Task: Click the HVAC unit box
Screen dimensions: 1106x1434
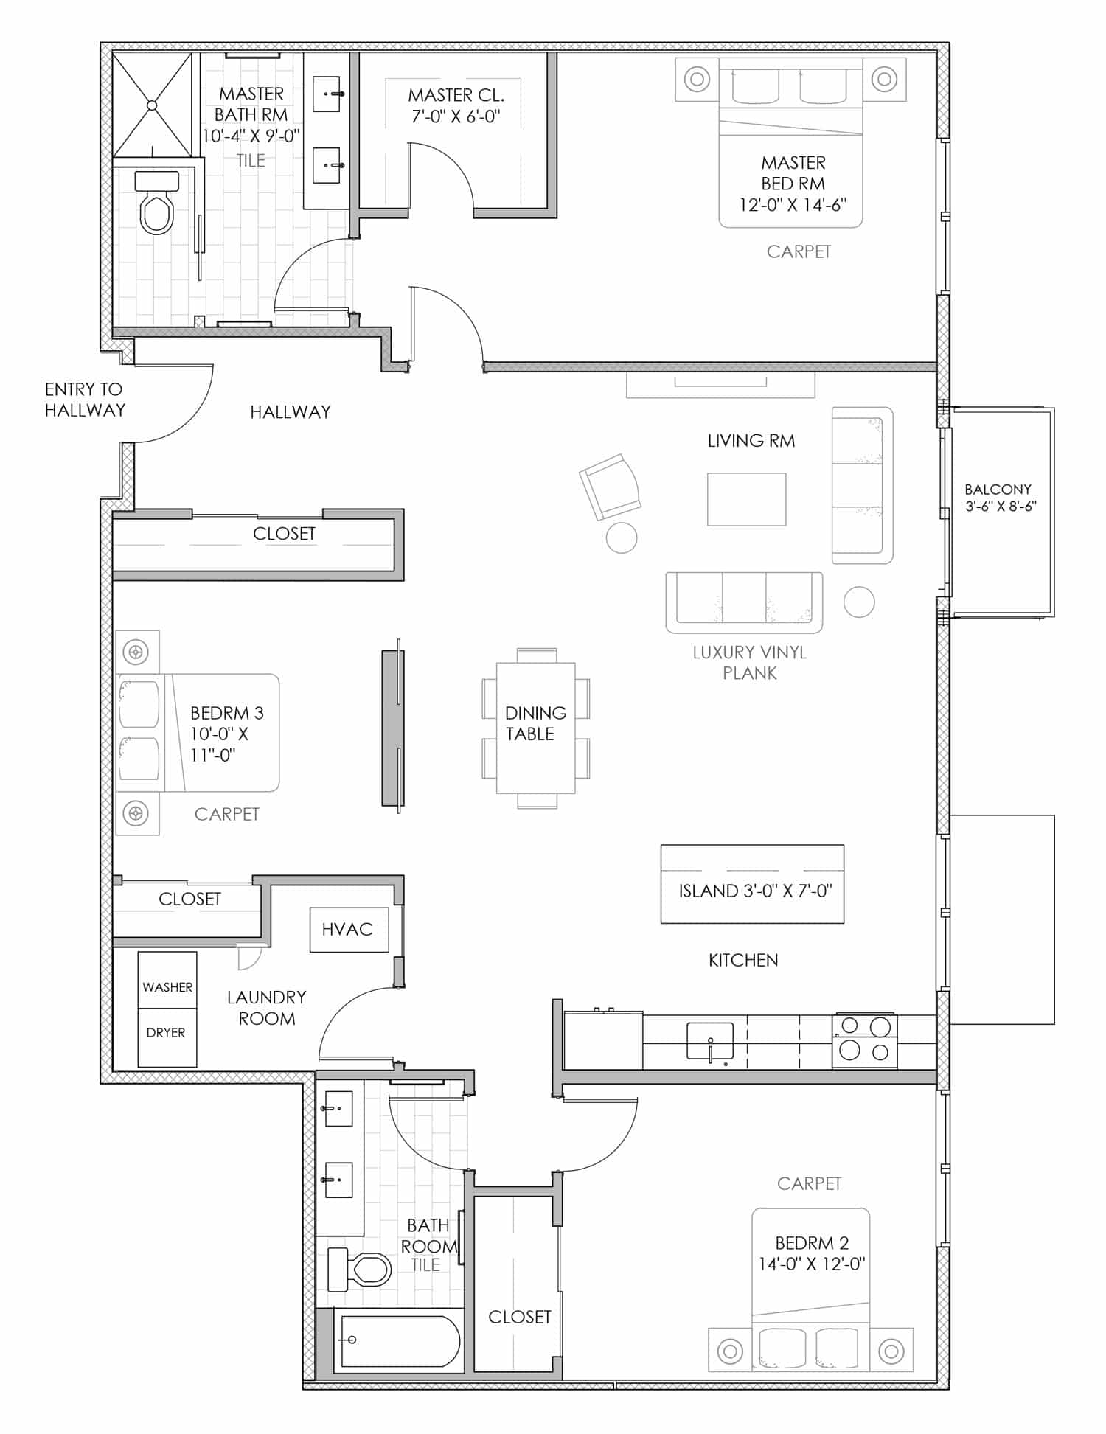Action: [349, 929]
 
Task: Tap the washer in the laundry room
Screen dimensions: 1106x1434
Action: [167, 981]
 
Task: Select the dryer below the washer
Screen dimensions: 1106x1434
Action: [167, 1038]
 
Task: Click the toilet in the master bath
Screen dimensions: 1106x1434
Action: [157, 203]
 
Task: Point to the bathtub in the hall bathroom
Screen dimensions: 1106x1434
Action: [399, 1340]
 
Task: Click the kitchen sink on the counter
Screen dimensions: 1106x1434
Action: [709, 1042]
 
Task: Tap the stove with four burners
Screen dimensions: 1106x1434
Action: [865, 1040]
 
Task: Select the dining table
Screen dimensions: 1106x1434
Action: [536, 728]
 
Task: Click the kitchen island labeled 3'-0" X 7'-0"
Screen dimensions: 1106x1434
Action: [752, 884]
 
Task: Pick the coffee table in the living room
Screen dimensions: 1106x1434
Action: [746, 499]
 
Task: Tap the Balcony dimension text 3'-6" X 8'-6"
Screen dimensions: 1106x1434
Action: [1001, 507]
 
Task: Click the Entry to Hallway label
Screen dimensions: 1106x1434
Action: [85, 400]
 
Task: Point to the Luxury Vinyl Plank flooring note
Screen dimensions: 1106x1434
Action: [750, 662]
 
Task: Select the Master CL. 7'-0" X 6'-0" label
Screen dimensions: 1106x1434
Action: [456, 105]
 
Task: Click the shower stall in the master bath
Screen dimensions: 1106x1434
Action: [152, 105]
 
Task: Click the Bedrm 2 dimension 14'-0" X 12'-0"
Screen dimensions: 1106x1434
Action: [812, 1264]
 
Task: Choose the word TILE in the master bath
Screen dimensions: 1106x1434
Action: [251, 160]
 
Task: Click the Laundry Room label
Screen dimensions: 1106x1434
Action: [266, 1008]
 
